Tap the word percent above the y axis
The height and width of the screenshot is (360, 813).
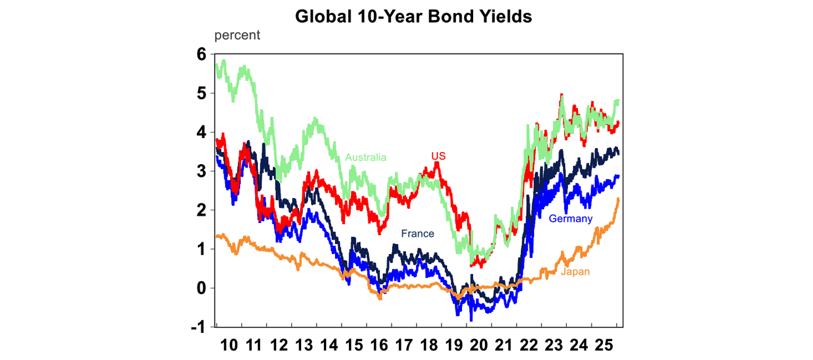pyautogui.click(x=237, y=36)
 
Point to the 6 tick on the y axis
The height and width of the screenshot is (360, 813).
pyautogui.click(x=202, y=54)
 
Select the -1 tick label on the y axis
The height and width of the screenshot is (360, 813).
pyautogui.click(x=199, y=328)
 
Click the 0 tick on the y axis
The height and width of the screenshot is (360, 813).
pyautogui.click(x=202, y=289)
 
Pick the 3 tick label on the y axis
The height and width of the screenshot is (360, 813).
pyautogui.click(x=202, y=172)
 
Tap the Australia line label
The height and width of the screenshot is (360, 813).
pyautogui.click(x=366, y=157)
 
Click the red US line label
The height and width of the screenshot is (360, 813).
pyautogui.click(x=438, y=156)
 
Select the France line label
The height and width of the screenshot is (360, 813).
pyautogui.click(x=417, y=233)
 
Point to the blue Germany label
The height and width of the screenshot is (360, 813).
pyautogui.click(x=571, y=219)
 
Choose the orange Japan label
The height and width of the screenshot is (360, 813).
pyautogui.click(x=575, y=272)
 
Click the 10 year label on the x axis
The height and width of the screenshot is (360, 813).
pyautogui.click(x=229, y=346)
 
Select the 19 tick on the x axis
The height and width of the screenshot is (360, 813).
pyautogui.click(x=454, y=346)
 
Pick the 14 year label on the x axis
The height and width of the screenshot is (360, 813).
pyautogui.click(x=329, y=346)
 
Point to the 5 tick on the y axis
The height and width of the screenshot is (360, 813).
pyautogui.click(x=202, y=93)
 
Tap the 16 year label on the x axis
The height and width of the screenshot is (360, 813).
pyautogui.click(x=379, y=346)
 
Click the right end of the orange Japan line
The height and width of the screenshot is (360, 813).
pyautogui.click(x=619, y=199)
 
